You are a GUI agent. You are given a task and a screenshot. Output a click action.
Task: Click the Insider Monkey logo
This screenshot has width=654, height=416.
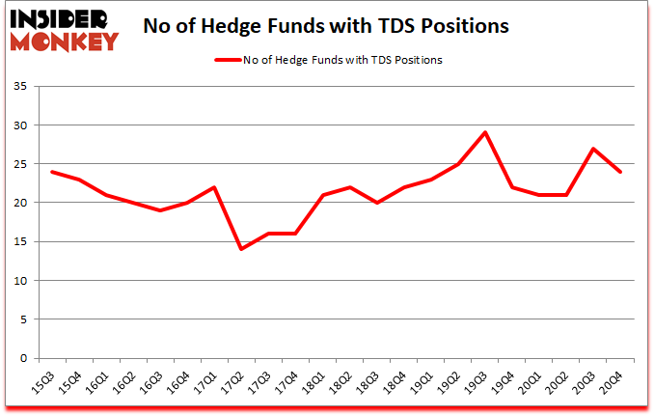click(64, 28)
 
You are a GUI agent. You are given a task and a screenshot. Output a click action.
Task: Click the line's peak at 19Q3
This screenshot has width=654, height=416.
click(485, 132)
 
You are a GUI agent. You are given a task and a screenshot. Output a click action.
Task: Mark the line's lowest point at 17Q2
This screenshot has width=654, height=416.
click(241, 249)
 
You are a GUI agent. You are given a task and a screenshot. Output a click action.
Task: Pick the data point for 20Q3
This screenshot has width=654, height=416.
click(593, 149)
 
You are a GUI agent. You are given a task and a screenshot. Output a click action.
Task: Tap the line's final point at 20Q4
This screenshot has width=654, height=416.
click(620, 172)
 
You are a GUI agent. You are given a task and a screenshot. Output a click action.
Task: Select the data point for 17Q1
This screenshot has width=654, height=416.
click(214, 187)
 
